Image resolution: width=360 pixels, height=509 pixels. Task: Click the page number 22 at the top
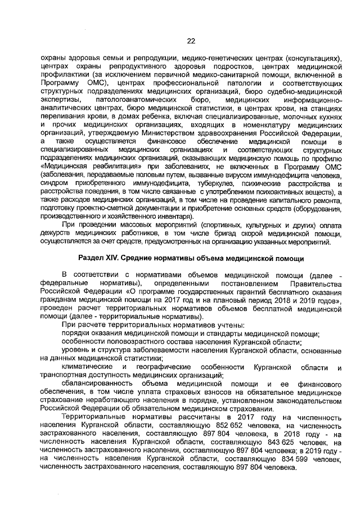(191, 40)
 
